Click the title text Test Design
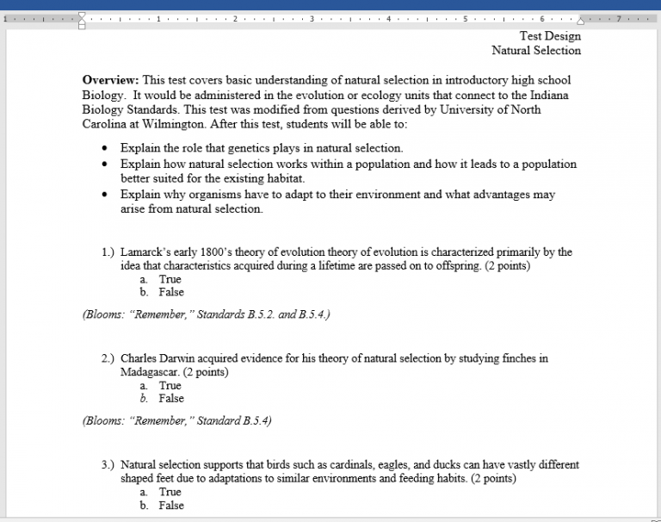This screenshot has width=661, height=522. tap(550, 36)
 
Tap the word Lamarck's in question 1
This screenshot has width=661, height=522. tap(143, 252)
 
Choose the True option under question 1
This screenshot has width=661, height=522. tap(170, 279)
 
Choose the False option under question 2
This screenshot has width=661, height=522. tap(171, 398)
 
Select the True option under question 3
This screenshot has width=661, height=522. tap(170, 492)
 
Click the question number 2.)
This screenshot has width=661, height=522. tap(108, 358)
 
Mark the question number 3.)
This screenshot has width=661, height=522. tap(108, 465)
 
